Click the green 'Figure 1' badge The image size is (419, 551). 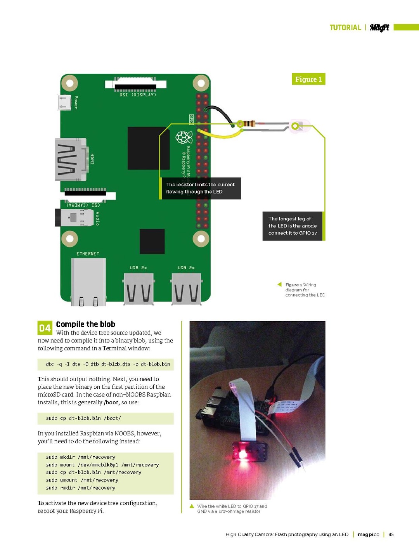(308, 79)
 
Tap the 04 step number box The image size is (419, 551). (45, 328)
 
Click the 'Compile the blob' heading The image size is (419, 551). (85, 324)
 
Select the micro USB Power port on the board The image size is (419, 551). (64, 102)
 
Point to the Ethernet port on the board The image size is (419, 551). (88, 281)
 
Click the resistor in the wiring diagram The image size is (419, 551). (247, 124)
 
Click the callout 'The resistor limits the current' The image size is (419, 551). (200, 188)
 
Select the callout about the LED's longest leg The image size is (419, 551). (293, 226)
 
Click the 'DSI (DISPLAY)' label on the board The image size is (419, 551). (138, 95)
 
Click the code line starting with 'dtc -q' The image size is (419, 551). (108, 364)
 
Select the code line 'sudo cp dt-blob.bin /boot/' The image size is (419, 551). (83, 418)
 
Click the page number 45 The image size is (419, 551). (391, 534)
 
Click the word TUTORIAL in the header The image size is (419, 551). (345, 28)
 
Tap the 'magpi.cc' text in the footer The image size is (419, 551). (368, 534)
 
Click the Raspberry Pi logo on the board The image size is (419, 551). (184, 137)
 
